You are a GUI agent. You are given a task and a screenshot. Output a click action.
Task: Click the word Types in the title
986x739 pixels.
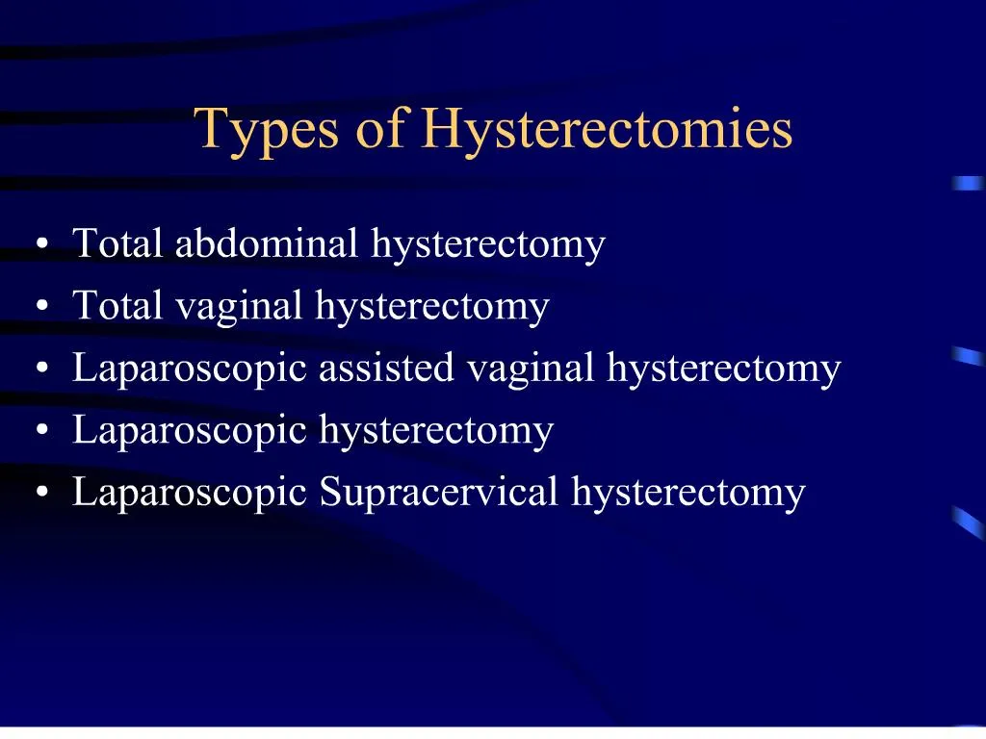point(266,131)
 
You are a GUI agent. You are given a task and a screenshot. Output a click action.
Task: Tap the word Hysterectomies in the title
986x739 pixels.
point(607,131)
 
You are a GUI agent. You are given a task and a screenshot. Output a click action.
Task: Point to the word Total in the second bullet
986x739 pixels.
point(119,306)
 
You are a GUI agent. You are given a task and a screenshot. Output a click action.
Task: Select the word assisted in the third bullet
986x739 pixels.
point(386,368)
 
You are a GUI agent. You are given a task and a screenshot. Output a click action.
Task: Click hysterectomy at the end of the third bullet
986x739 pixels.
point(724,369)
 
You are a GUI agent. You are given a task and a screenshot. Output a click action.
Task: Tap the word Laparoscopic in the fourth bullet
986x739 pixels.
point(192,430)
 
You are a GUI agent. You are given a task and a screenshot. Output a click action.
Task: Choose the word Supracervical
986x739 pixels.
point(439,492)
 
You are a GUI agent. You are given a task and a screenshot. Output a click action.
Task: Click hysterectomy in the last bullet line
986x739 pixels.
point(688,492)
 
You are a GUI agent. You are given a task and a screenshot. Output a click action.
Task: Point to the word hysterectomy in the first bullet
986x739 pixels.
point(488,243)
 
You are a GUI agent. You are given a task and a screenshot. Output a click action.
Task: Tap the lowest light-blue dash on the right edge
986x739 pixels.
point(967,521)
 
